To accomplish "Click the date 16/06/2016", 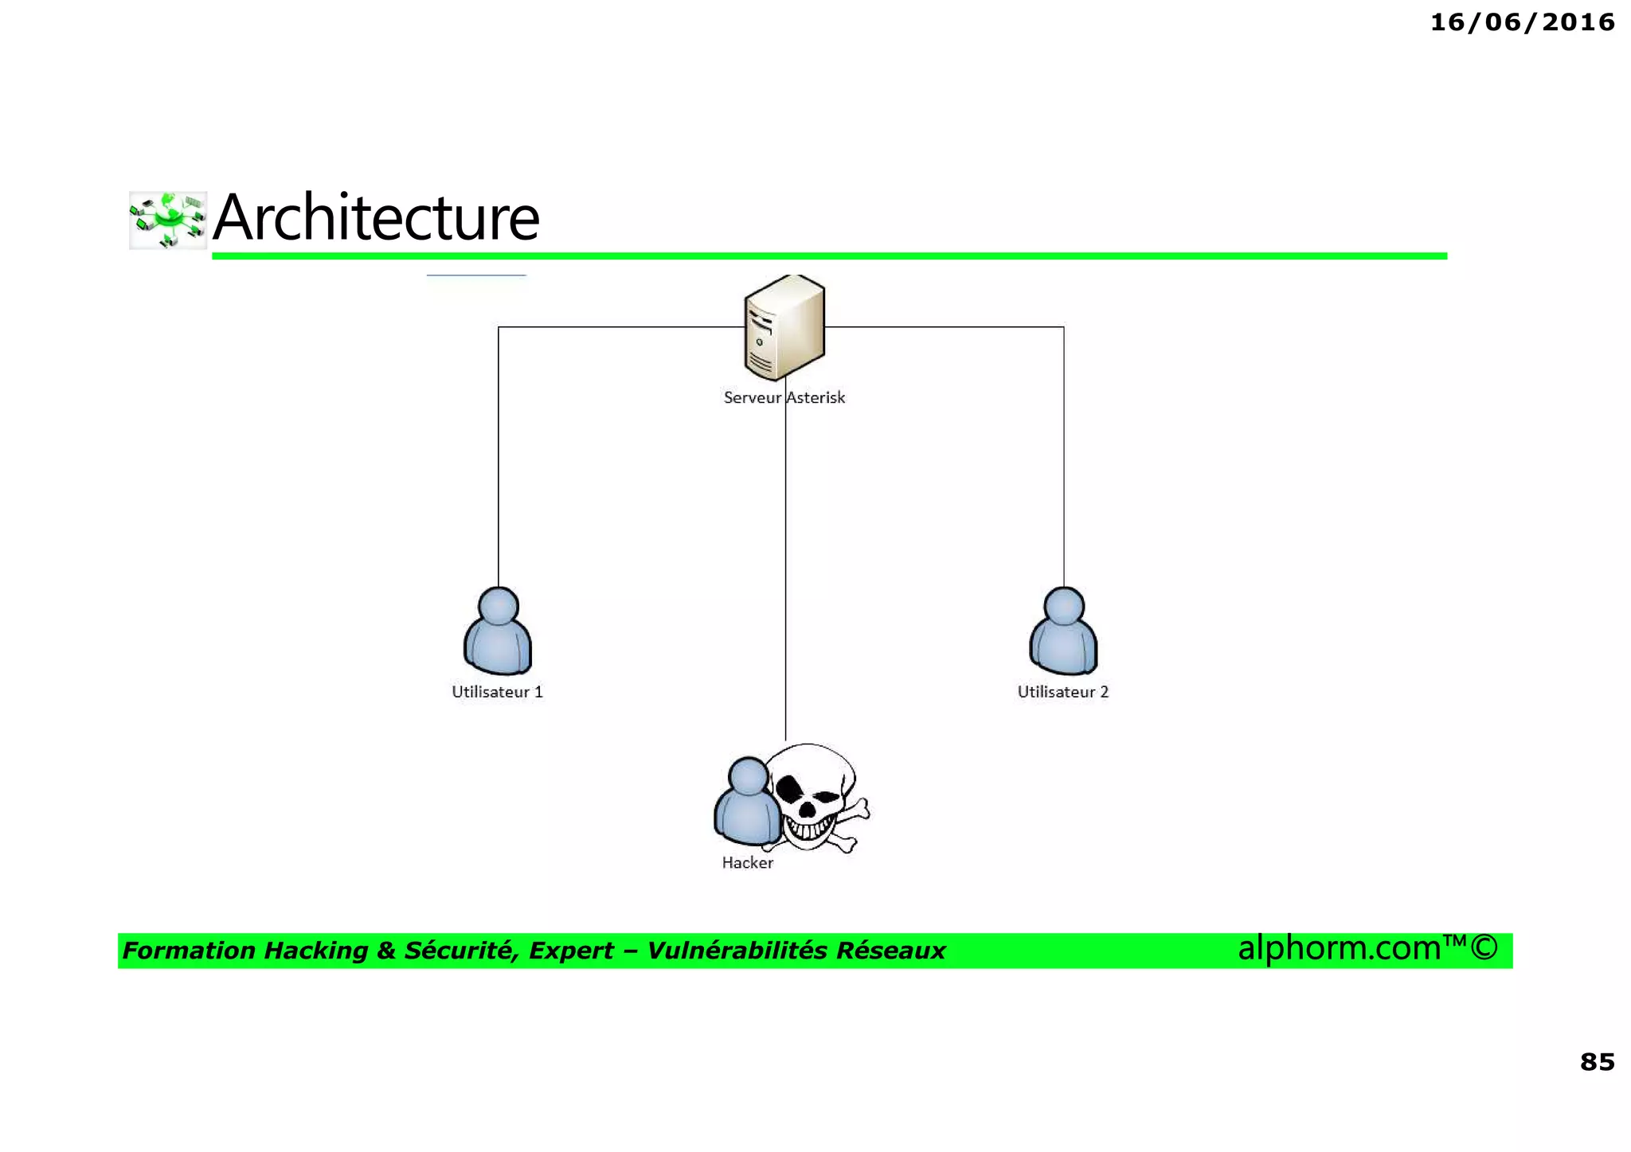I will [x=1522, y=22].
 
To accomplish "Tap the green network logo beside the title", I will [x=168, y=220].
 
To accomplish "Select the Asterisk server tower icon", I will [x=784, y=327].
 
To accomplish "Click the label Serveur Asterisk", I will [x=784, y=397].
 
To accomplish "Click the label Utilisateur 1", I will [x=497, y=692].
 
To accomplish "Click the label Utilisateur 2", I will [x=1062, y=692].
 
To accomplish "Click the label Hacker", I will [x=747, y=862].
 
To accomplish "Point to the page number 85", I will [x=1597, y=1061].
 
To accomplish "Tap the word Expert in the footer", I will [x=571, y=951].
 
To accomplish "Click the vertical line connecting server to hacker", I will [x=785, y=573].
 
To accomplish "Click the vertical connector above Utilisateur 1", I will [x=499, y=462].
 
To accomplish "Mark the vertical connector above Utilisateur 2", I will [x=1064, y=462].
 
